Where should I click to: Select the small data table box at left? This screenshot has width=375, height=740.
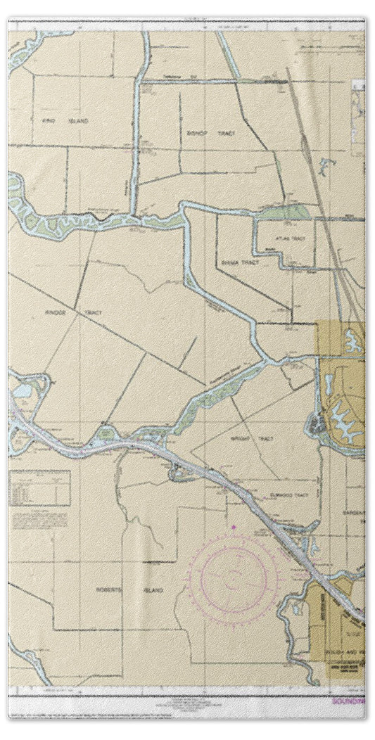(40, 488)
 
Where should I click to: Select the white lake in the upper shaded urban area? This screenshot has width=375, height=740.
(350, 344)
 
